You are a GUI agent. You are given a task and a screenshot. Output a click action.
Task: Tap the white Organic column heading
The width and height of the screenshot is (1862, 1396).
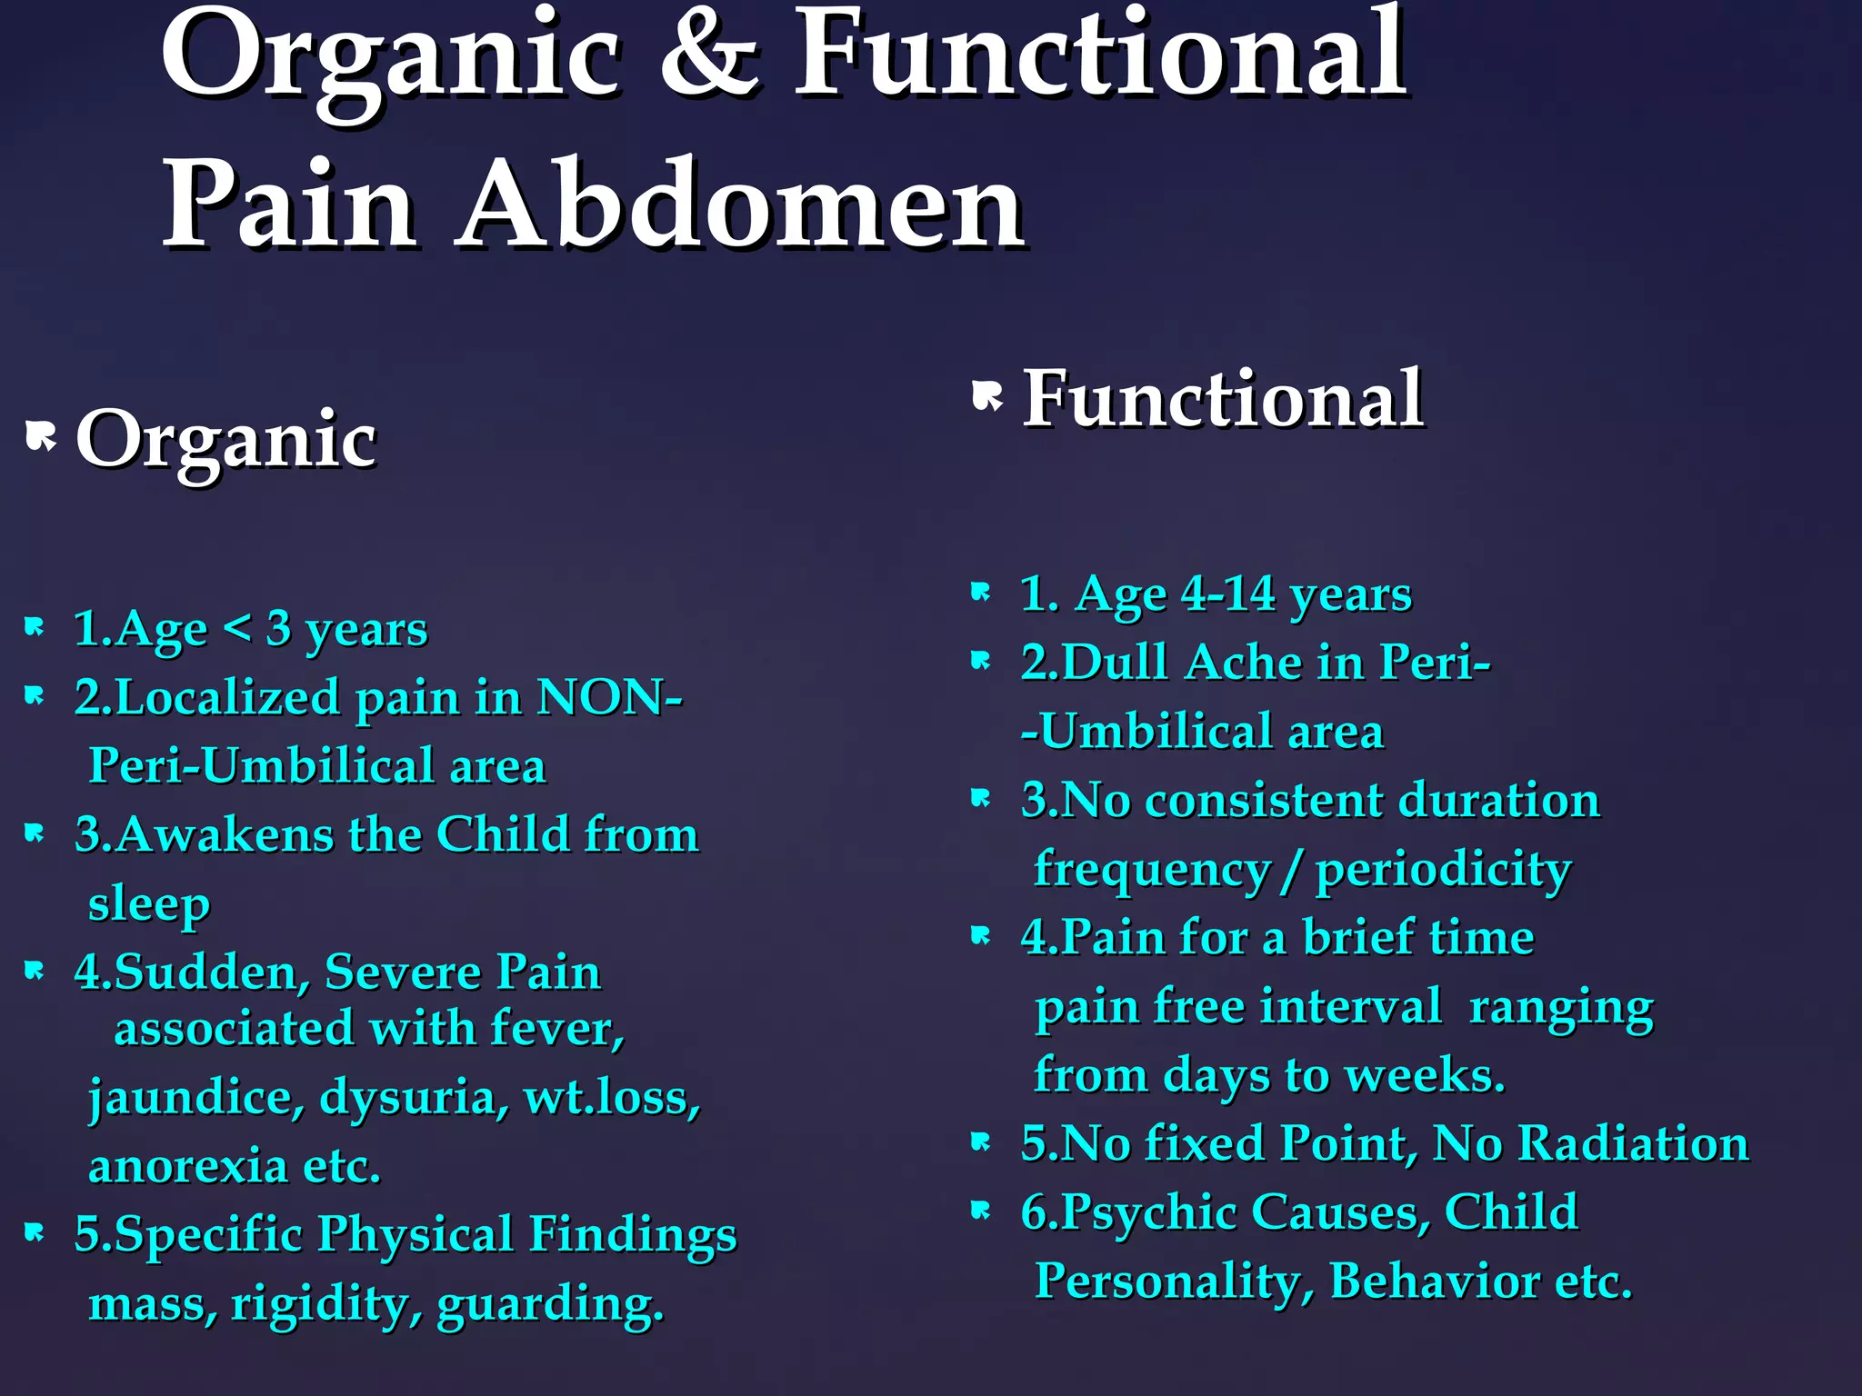click(225, 439)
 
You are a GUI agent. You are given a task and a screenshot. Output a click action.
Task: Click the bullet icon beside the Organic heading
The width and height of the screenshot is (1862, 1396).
click(41, 436)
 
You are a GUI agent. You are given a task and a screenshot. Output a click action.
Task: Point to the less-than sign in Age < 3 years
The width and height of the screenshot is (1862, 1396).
click(236, 628)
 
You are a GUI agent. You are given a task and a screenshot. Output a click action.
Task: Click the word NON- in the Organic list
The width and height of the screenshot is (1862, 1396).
click(609, 698)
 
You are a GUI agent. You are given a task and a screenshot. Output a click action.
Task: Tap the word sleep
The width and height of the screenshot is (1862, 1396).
click(149, 904)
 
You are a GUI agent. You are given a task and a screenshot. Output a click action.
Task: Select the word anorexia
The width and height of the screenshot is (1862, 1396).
click(187, 1166)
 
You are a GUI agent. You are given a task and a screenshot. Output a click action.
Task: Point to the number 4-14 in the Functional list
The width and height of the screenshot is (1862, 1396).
click(1227, 594)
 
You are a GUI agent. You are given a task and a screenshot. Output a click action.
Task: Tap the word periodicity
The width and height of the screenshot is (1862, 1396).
click(1444, 870)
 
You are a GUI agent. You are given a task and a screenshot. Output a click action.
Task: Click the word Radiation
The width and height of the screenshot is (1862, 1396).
click(1633, 1142)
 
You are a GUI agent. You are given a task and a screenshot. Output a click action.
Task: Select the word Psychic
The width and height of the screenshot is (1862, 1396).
click(1149, 1212)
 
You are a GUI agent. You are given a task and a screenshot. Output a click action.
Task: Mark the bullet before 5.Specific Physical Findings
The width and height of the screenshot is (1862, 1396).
click(35, 1232)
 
